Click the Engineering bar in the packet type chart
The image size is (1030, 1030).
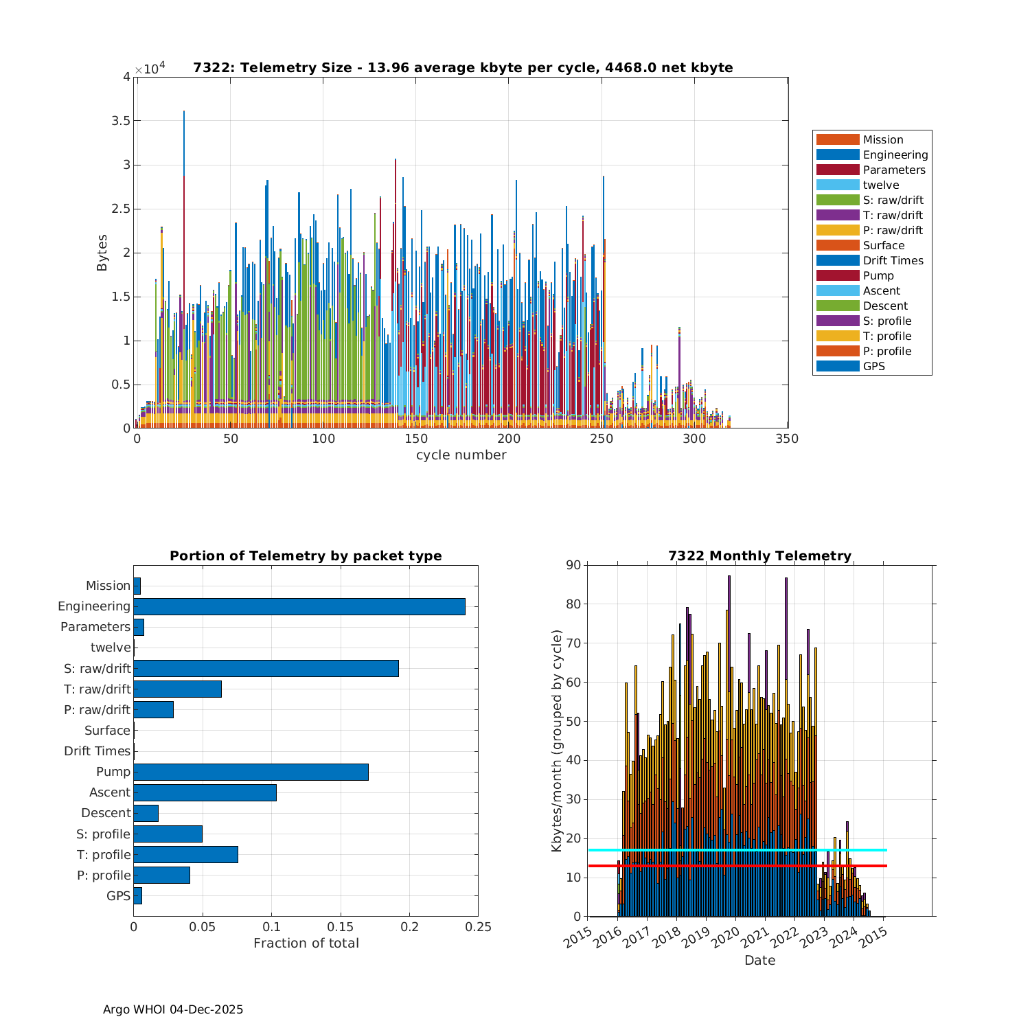299,606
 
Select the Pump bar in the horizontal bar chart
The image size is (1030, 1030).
251,772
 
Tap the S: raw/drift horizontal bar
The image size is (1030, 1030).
266,668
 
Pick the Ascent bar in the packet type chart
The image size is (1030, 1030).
205,792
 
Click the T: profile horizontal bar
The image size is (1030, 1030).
185,854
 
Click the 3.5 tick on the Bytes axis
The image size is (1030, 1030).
122,121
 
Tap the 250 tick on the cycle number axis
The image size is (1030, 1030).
602,439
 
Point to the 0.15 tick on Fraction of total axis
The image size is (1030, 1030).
341,927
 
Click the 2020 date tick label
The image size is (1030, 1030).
724,936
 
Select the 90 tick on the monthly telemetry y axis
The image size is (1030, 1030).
573,565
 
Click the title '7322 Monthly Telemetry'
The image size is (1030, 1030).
759,556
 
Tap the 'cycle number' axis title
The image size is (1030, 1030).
461,455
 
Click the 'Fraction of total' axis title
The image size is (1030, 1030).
306,943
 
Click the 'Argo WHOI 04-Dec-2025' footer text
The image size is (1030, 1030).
173,1009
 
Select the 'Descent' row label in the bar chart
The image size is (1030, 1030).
106,813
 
